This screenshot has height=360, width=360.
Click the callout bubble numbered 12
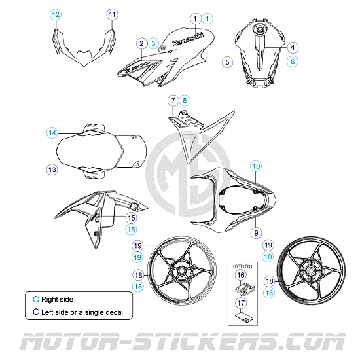click(x=56, y=14)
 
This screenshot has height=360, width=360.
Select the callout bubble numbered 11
click(x=112, y=14)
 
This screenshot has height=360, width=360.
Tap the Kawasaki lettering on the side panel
click(x=188, y=39)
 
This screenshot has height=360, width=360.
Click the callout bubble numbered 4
click(x=293, y=48)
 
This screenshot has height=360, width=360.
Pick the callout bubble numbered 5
click(x=228, y=62)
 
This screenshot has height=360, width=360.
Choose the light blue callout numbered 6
click(x=293, y=62)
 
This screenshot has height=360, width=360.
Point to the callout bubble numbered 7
click(x=173, y=100)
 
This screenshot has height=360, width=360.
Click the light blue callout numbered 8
click(x=185, y=100)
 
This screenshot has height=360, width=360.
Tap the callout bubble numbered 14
click(x=52, y=133)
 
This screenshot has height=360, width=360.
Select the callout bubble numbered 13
click(x=52, y=170)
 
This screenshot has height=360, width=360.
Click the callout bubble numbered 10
click(x=256, y=166)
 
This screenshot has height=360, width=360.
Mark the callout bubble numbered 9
click(x=256, y=233)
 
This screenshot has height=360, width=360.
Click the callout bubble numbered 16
click(x=241, y=275)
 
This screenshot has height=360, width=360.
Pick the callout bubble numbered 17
click(x=241, y=303)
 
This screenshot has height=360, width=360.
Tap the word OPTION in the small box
click(x=242, y=266)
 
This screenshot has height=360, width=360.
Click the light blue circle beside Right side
click(x=36, y=299)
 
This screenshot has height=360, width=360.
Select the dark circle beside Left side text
click(x=36, y=312)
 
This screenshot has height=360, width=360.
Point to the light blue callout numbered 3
click(x=153, y=43)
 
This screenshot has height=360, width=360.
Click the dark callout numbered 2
click(x=141, y=43)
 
